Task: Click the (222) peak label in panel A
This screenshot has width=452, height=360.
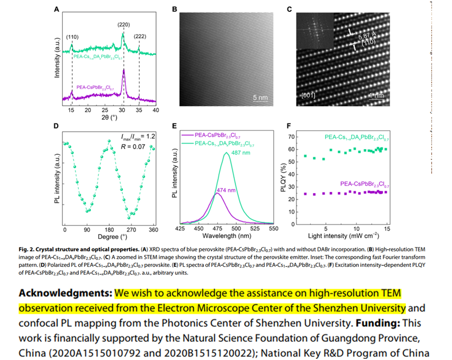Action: (139, 36)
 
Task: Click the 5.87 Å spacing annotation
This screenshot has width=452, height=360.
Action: (367, 38)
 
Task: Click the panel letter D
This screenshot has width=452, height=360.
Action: (56, 126)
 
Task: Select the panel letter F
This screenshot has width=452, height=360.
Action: (289, 126)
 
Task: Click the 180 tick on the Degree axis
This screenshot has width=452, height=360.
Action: (109, 229)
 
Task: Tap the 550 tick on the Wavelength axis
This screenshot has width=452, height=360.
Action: (273, 229)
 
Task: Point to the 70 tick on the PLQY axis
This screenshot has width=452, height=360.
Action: (291, 137)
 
